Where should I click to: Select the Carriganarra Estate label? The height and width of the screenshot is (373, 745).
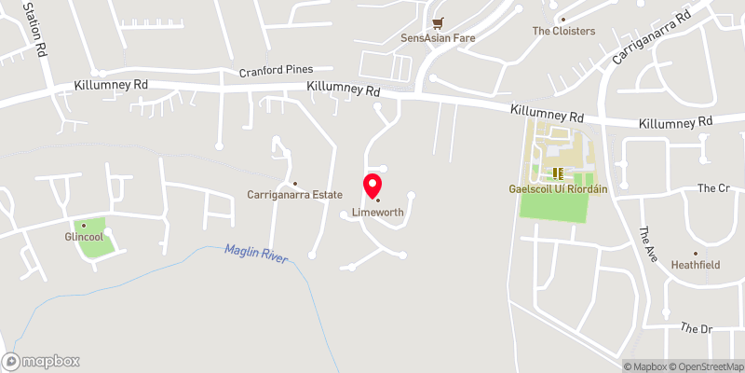point(294,195)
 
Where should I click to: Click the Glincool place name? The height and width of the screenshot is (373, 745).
point(83,237)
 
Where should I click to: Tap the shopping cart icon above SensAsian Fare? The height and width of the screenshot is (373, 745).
point(436,23)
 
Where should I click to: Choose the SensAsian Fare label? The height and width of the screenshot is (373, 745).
point(436,39)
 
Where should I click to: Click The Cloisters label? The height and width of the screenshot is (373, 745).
point(563,31)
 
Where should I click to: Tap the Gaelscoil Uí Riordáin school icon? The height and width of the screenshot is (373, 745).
point(559,173)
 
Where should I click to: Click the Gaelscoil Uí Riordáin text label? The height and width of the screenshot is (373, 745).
point(557,189)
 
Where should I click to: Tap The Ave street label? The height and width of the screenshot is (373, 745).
point(646,242)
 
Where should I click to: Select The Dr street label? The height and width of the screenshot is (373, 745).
point(696,328)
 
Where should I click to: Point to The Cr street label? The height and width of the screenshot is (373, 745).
point(712,188)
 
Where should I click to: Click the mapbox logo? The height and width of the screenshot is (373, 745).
point(41,361)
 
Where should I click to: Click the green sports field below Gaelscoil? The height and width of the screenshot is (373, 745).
point(554,207)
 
